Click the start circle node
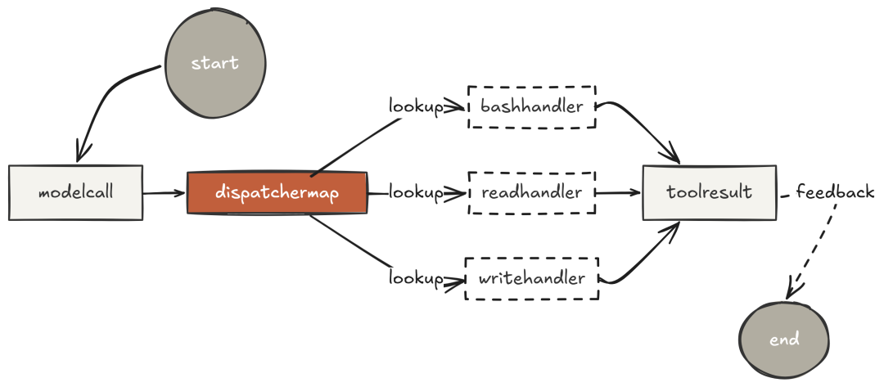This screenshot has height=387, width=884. click(x=214, y=63)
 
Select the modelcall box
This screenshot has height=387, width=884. click(x=75, y=193)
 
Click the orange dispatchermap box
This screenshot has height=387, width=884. click(x=277, y=193)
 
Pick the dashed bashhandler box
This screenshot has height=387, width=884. click(x=532, y=106)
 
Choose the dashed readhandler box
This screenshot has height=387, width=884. click(x=532, y=193)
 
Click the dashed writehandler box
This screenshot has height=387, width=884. click(x=532, y=279)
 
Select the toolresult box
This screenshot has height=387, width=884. click(x=709, y=193)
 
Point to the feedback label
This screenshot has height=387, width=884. click(x=835, y=193)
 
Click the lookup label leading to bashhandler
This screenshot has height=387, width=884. click(x=415, y=106)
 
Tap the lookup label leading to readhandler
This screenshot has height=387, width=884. click(x=415, y=193)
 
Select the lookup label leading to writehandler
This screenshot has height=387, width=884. click(x=415, y=279)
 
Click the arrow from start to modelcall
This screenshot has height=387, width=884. click(x=106, y=98)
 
